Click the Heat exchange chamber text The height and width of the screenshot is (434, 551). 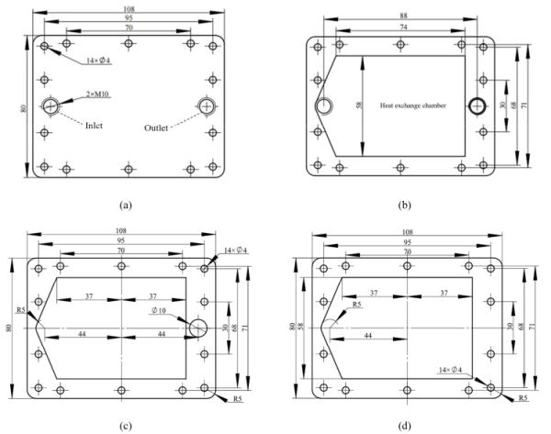coord(413,106)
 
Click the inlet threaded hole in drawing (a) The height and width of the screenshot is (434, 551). coord(49,106)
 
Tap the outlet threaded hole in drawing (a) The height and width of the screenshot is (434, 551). coord(209,106)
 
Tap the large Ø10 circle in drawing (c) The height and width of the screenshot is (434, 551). coord(200,328)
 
